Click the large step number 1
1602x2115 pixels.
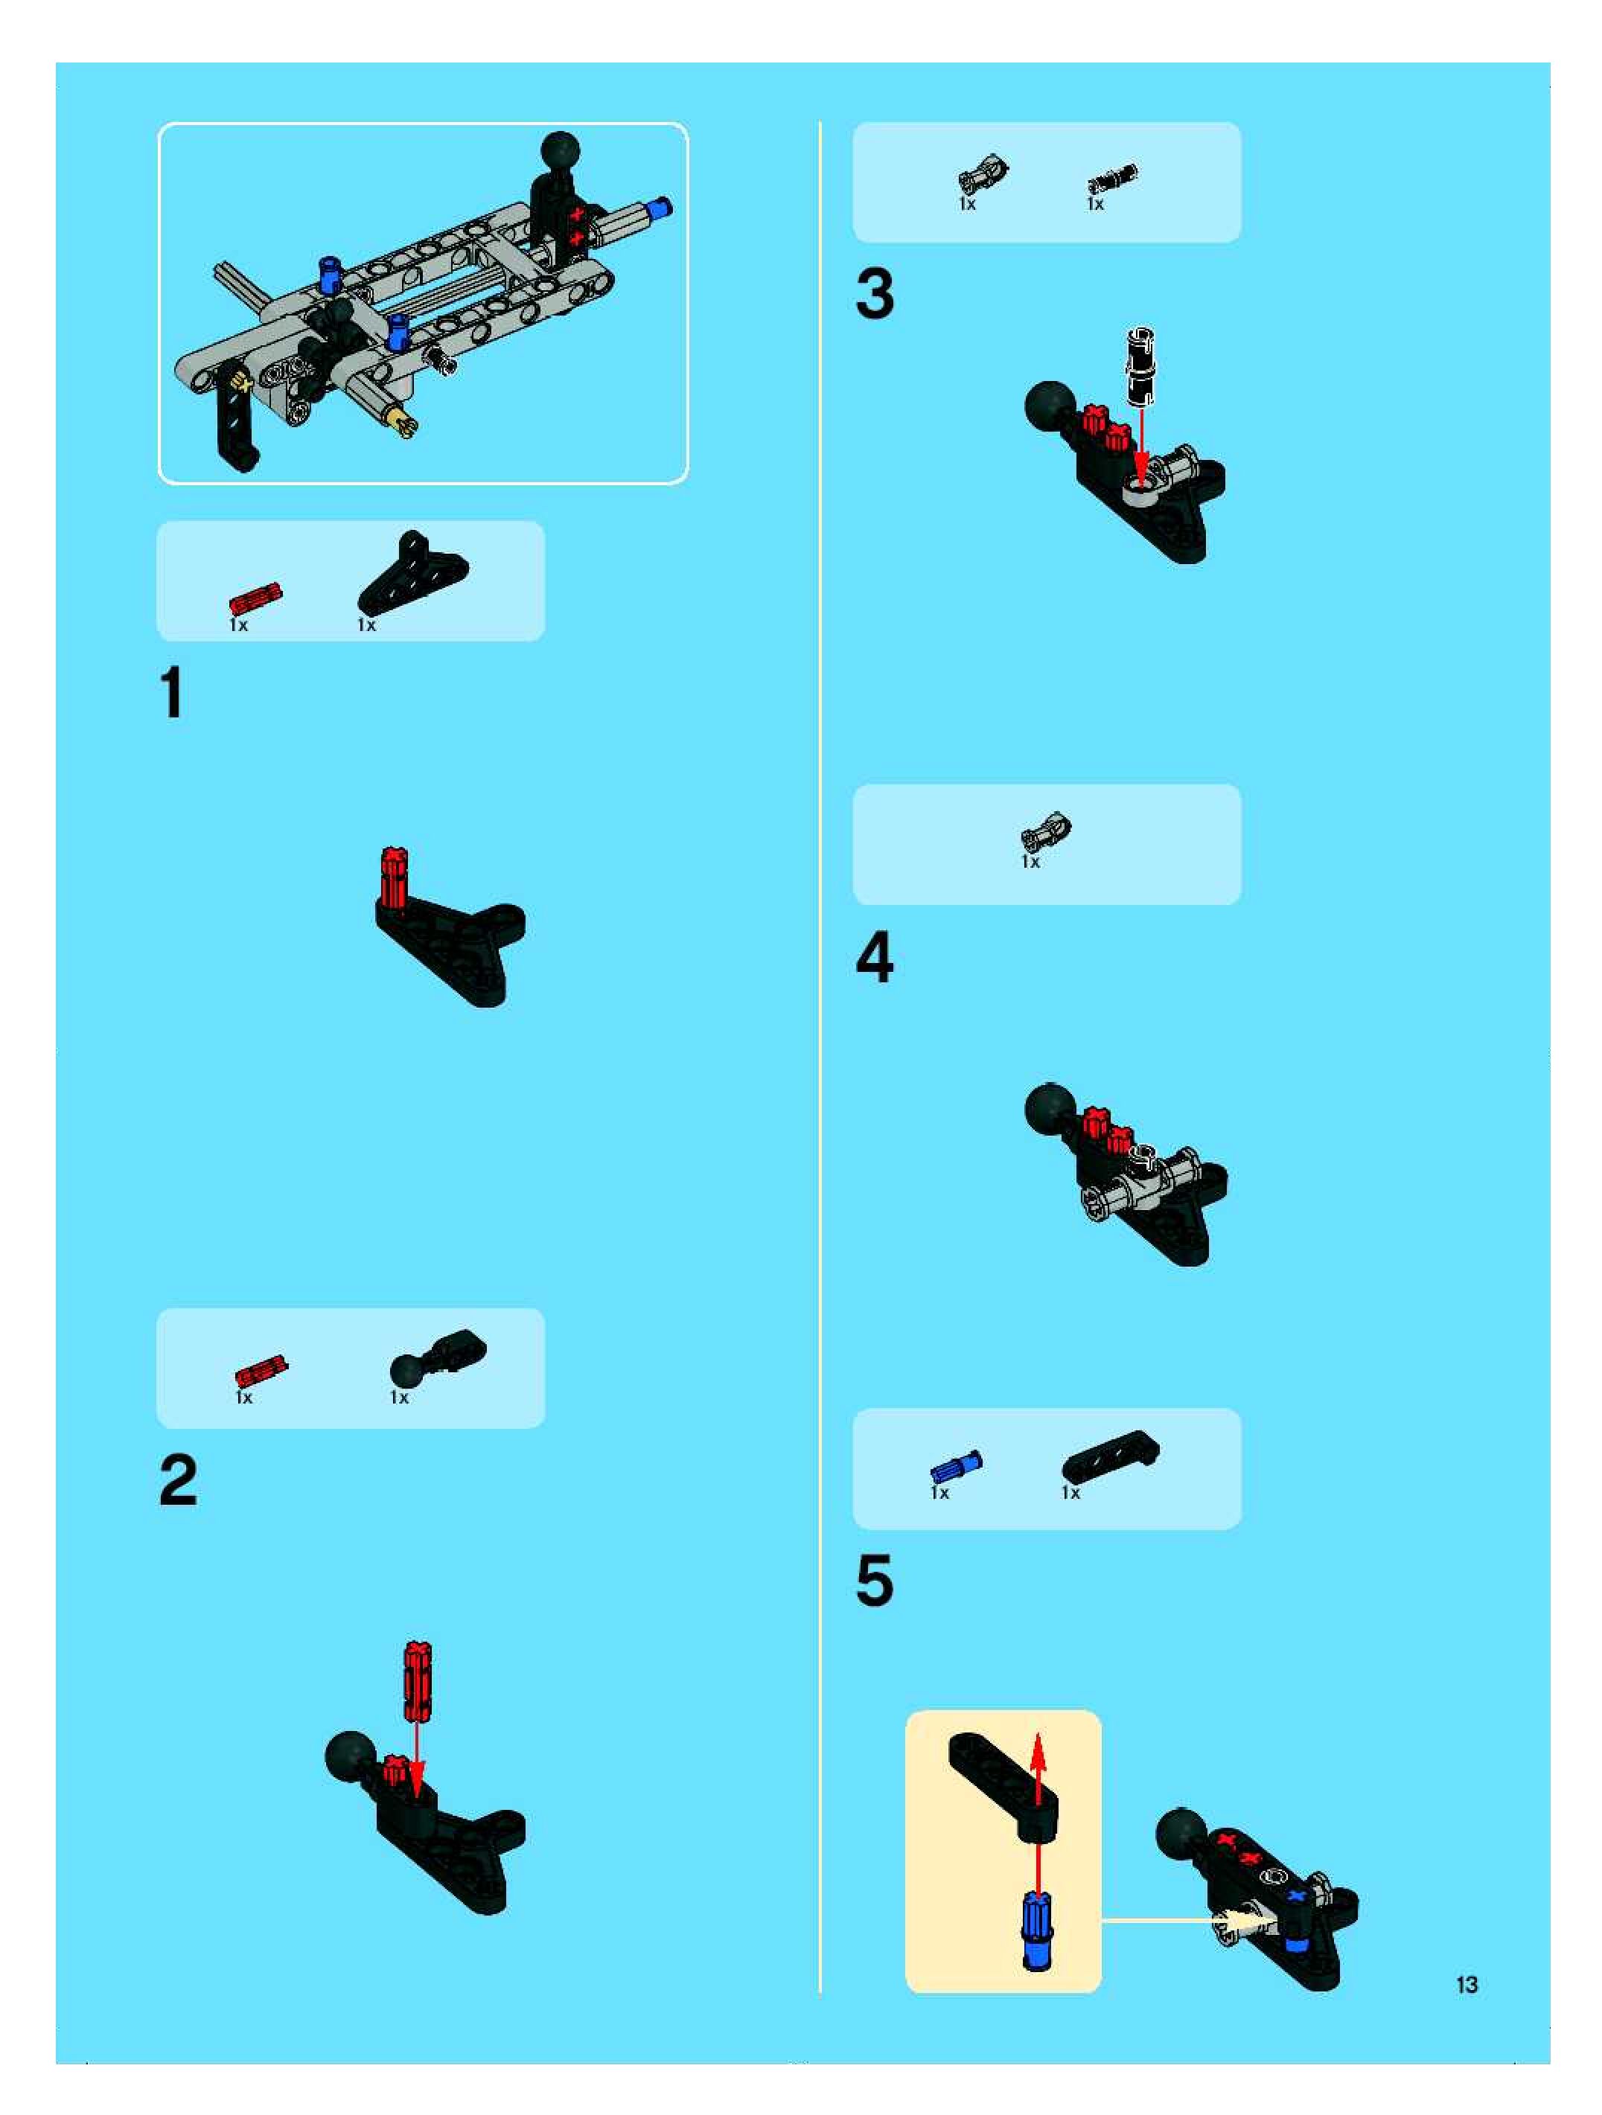172,692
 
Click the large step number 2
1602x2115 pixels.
178,1480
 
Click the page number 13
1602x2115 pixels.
1467,1985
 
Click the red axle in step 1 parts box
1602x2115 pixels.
255,598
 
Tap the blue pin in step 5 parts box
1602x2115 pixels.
955,1468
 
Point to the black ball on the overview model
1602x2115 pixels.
561,151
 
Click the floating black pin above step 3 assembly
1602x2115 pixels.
1141,366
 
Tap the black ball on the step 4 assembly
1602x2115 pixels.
1051,1108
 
